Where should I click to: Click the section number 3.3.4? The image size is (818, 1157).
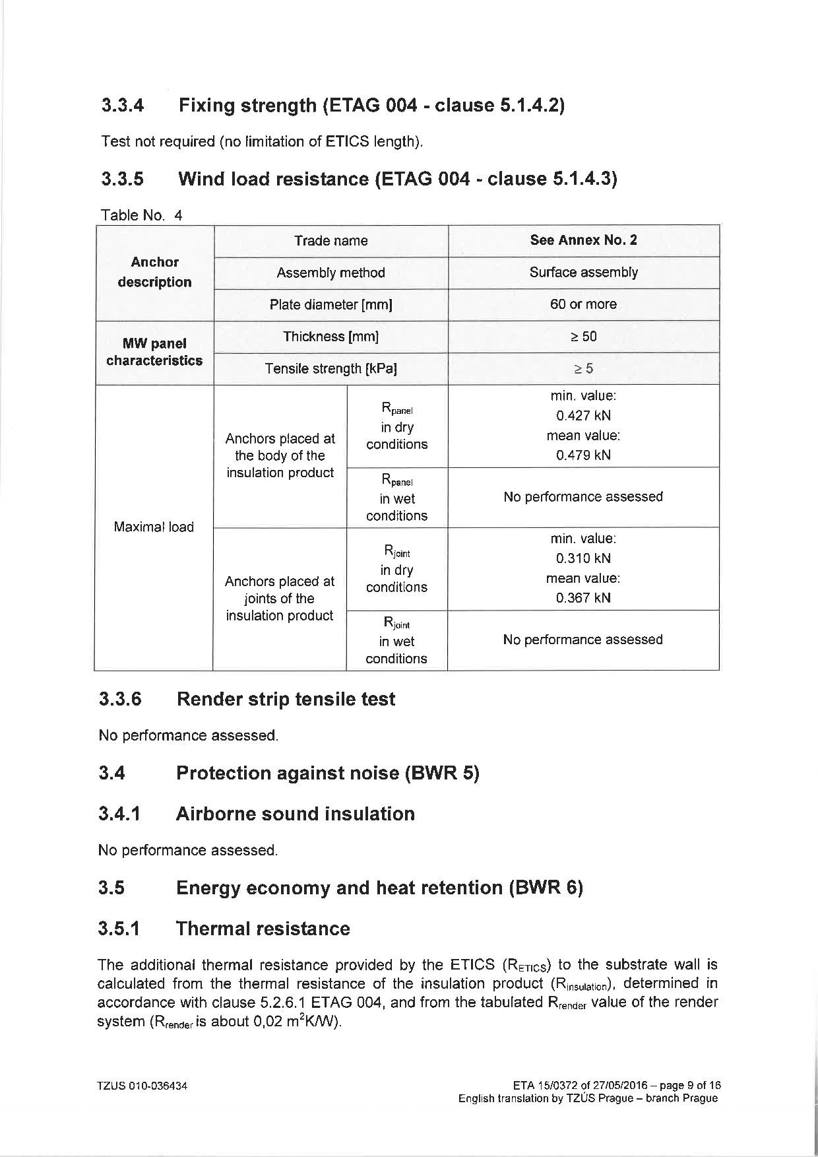[x=123, y=106]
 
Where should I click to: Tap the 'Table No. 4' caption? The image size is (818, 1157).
[x=141, y=215]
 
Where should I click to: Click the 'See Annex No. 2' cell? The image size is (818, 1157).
[x=583, y=240]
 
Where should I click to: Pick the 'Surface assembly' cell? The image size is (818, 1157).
[x=583, y=273]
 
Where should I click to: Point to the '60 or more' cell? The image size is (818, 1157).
[x=583, y=304]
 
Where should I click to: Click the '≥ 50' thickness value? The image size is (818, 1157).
[x=583, y=337]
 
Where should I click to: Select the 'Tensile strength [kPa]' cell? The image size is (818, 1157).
[x=330, y=369]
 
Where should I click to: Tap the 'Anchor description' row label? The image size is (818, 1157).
[x=154, y=272]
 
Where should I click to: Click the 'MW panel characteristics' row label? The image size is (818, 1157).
[x=154, y=352]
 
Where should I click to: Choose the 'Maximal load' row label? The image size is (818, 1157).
[x=154, y=527]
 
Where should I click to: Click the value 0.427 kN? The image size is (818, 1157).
[x=583, y=416]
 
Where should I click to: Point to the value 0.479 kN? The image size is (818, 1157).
[x=583, y=455]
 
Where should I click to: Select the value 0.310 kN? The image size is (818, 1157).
[x=583, y=558]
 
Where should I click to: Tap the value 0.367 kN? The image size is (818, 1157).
[x=583, y=598]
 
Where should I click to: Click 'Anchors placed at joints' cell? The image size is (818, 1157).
[x=280, y=599]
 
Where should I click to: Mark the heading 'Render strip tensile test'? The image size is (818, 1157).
[x=286, y=699]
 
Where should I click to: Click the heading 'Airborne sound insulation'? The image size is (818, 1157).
[x=295, y=814]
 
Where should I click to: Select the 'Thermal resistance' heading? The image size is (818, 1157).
[x=263, y=929]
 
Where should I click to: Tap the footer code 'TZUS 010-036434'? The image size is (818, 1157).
[x=142, y=1086]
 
